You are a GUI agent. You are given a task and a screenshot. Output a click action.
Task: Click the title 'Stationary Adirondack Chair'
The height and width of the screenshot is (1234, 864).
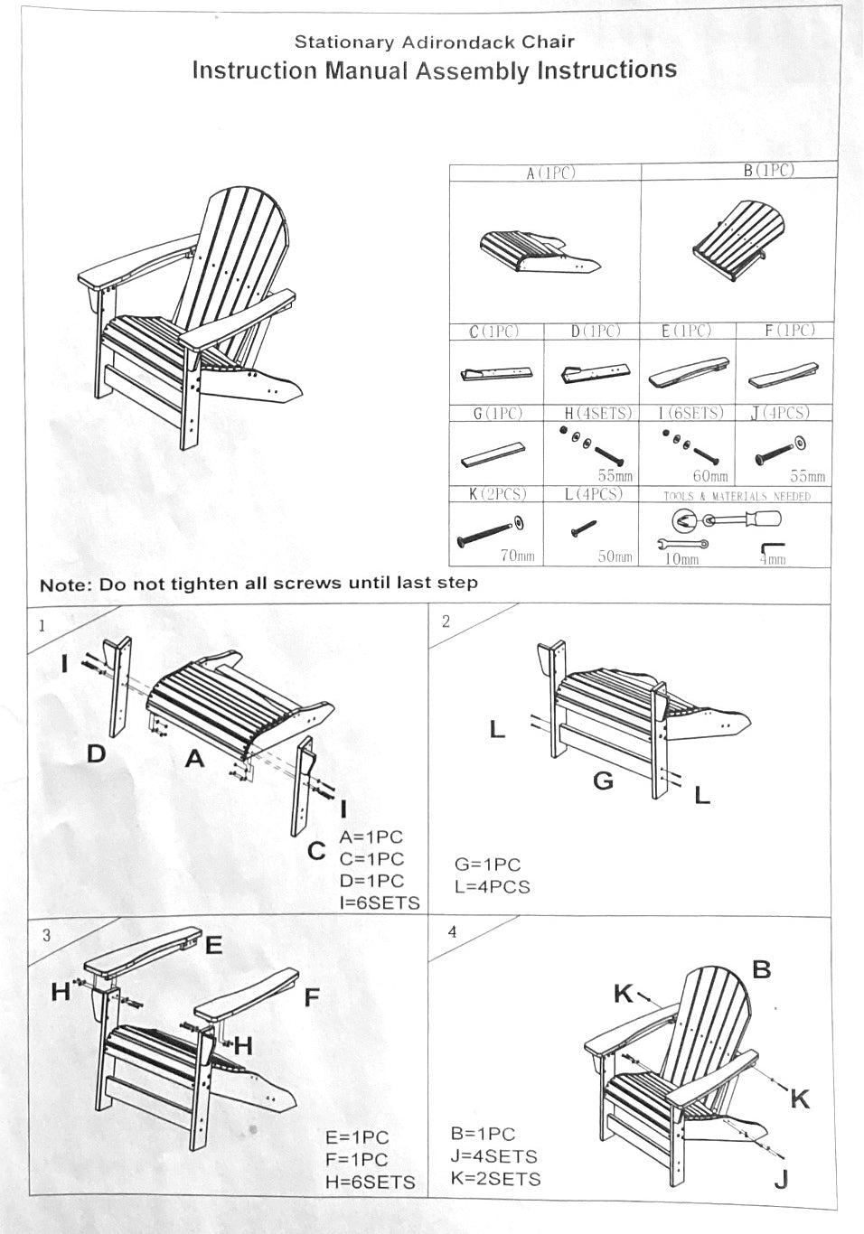[x=434, y=41]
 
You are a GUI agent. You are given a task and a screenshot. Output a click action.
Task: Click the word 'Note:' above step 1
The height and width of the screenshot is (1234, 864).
[x=65, y=584]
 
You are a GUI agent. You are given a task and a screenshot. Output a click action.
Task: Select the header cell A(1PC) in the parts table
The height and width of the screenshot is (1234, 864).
[x=550, y=173]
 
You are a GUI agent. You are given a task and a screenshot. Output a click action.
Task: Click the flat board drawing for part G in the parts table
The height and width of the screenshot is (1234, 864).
[x=493, y=453]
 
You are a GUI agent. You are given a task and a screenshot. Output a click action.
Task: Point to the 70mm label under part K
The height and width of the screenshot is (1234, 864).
[x=518, y=556]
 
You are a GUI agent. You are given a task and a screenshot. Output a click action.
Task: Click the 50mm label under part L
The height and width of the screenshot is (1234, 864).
[x=615, y=556]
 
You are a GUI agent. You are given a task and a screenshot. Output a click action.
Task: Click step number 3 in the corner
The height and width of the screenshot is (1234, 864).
[x=46, y=935]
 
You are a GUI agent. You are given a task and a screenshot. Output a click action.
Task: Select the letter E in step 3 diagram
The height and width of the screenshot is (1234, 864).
[x=214, y=945]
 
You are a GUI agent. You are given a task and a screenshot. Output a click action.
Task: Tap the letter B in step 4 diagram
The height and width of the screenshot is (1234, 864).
[x=762, y=969]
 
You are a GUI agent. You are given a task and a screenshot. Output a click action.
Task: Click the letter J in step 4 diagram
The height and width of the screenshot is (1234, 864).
[x=782, y=1179]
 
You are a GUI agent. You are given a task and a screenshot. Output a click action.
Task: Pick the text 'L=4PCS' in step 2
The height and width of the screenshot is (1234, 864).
[x=493, y=887]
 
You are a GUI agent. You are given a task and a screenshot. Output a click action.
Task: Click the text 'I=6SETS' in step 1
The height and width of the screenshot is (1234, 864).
[x=380, y=902]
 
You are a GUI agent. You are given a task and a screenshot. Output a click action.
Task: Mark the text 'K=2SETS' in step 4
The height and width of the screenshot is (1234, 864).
[x=494, y=1179]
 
